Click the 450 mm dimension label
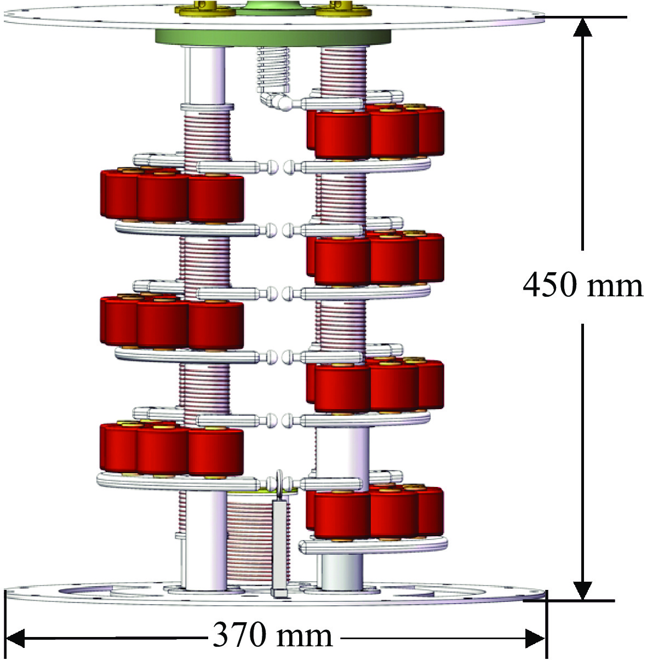[x=582, y=285]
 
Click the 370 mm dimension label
[x=272, y=636]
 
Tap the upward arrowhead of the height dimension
[x=582, y=27]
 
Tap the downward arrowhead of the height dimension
[x=582, y=590]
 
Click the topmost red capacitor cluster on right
[x=375, y=131]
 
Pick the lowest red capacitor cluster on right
[x=375, y=513]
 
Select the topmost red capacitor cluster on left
[x=171, y=196]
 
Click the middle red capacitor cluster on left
[x=171, y=322]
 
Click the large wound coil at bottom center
[x=249, y=542]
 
